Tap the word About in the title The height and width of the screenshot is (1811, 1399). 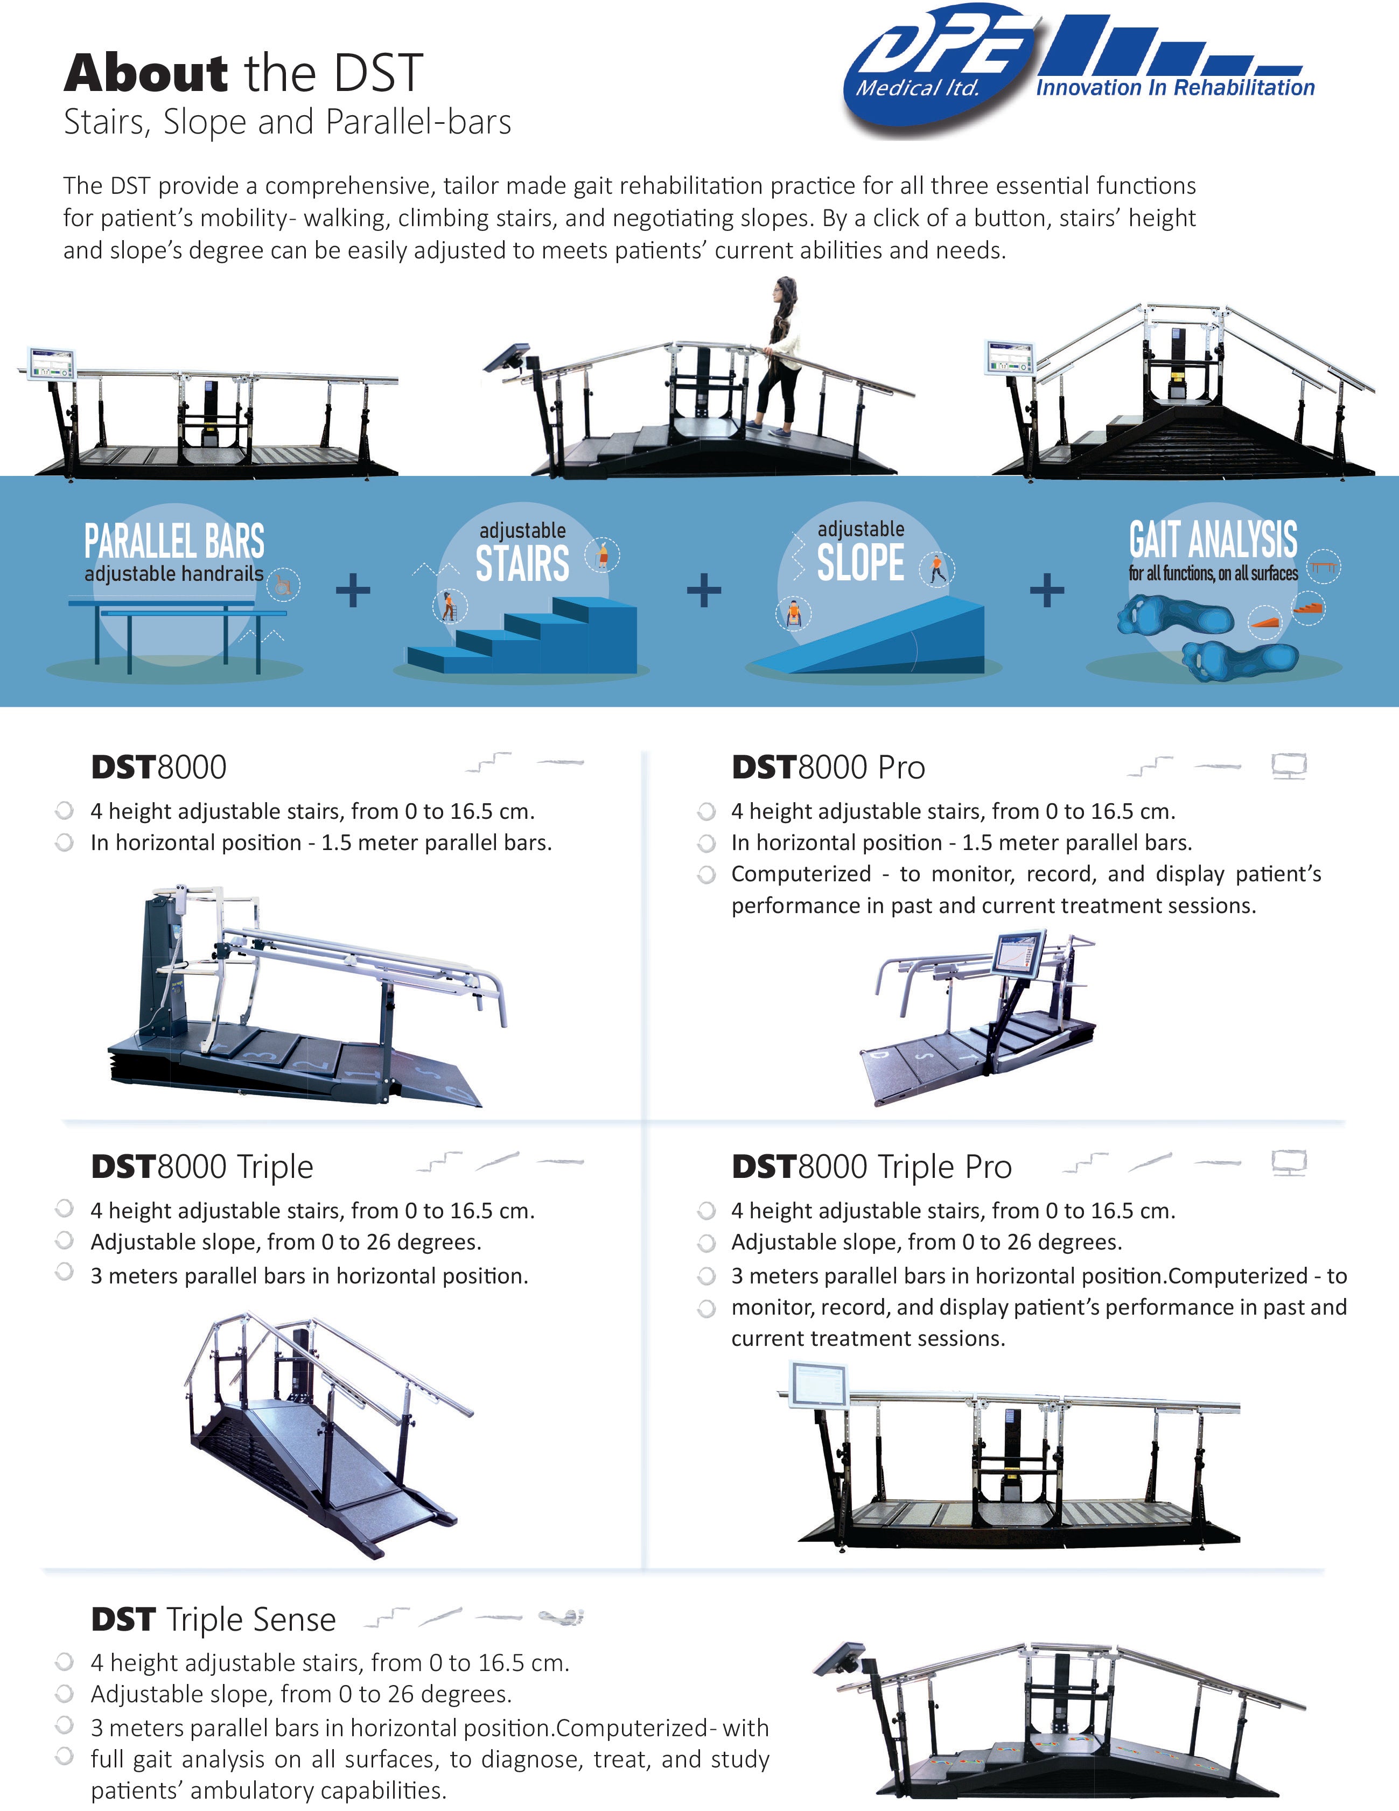(x=146, y=73)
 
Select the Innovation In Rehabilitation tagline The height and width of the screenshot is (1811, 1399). (x=1174, y=88)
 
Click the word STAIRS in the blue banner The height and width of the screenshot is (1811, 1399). (x=522, y=564)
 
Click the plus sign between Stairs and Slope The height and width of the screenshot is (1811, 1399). (x=703, y=591)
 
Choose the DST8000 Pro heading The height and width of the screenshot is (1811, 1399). (x=828, y=767)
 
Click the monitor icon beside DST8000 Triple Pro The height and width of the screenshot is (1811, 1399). (x=1289, y=1163)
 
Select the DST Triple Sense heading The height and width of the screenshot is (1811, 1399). (x=213, y=1619)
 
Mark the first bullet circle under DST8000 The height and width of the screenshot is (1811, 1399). (x=64, y=810)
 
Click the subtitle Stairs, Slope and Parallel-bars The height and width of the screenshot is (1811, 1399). (x=287, y=122)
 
